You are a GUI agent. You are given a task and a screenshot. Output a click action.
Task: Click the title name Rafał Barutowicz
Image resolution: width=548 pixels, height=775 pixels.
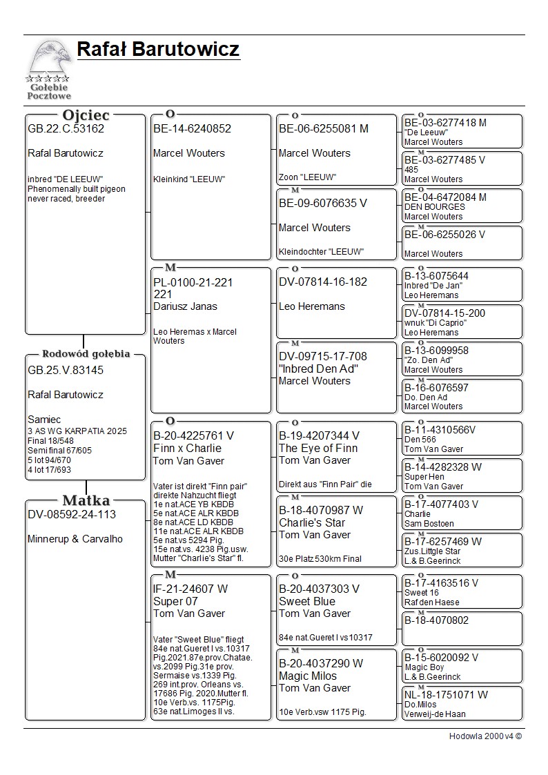[x=158, y=50]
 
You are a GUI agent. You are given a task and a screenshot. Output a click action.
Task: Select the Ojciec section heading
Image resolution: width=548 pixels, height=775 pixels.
[x=86, y=115]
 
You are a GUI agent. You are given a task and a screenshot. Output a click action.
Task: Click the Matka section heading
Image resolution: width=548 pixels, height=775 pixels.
[x=86, y=500]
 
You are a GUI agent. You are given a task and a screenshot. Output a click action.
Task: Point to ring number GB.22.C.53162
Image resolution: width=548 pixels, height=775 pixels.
[x=66, y=128]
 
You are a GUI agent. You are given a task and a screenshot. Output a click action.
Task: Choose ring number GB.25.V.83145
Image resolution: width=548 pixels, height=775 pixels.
[x=66, y=371]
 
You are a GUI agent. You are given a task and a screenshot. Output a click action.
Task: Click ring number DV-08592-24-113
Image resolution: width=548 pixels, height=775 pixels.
[x=72, y=515]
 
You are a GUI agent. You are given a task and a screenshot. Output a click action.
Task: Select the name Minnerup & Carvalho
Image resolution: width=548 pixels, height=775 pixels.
[x=75, y=539]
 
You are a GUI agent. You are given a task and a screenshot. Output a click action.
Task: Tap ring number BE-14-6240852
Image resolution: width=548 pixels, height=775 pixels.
[x=192, y=128]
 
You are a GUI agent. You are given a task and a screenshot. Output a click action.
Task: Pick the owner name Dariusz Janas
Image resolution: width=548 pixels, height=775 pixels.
[x=185, y=306]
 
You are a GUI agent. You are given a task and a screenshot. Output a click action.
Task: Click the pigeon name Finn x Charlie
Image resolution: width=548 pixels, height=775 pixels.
[x=187, y=448]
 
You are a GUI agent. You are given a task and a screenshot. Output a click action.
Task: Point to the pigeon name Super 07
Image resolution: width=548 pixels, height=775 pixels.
[x=175, y=601]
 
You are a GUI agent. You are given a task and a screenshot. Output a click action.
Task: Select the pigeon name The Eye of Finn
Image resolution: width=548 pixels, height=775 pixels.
[x=318, y=448]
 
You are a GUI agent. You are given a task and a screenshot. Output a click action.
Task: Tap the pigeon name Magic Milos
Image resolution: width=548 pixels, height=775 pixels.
[x=308, y=676]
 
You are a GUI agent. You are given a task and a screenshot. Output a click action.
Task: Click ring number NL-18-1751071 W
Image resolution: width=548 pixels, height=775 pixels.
[x=446, y=695]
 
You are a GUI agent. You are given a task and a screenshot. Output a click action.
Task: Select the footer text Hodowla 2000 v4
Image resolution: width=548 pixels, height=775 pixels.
[x=485, y=736]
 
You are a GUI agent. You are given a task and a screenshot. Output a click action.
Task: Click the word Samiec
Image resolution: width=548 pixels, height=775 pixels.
[x=44, y=420]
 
